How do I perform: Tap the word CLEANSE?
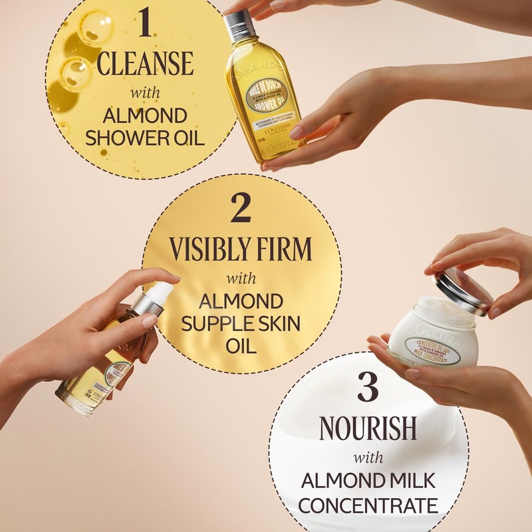click(145, 63)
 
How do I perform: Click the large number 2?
click(240, 208)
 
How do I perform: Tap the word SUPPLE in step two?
click(214, 325)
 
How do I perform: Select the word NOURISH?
click(368, 430)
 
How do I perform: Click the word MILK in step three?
click(409, 480)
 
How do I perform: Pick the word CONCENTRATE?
click(370, 505)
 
